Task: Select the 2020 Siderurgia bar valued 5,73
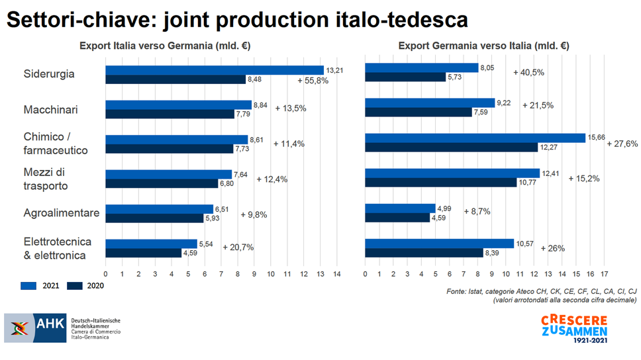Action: coord(405,77)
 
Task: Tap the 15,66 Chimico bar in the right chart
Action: coord(475,138)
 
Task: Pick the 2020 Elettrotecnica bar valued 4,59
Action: coord(143,253)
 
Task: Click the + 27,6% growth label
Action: coord(622,143)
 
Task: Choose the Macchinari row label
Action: coord(50,109)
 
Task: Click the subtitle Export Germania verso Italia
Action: coord(483,46)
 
